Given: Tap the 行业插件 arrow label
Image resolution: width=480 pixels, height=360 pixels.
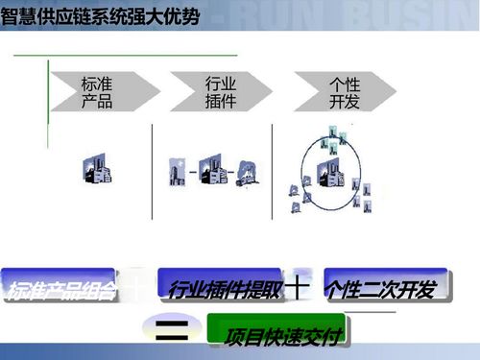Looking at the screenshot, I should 221,93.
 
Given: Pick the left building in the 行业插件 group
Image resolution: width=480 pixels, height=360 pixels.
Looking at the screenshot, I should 179,173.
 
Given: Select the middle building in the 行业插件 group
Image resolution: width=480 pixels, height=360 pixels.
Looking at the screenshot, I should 216,173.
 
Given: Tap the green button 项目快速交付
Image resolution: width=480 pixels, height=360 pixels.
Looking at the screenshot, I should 279,335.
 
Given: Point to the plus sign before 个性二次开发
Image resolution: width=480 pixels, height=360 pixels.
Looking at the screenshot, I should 301,286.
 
